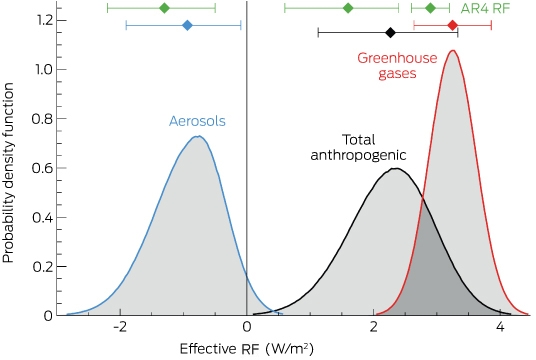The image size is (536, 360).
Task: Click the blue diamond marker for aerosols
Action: tap(187, 25)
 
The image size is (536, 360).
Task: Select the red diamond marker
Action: tap(453, 25)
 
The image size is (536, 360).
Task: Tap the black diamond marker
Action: tap(390, 33)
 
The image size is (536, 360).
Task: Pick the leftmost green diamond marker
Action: tap(165, 8)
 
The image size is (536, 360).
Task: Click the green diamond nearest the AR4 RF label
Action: tap(431, 8)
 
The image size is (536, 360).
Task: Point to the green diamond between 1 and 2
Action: tap(348, 8)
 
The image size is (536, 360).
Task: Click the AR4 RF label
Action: tap(485, 8)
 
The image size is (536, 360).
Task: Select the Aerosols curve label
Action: tap(197, 121)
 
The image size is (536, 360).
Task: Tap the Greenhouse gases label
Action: tap(397, 66)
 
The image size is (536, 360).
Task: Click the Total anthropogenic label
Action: tap(358, 147)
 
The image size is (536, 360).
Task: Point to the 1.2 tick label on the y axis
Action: tap(45, 21)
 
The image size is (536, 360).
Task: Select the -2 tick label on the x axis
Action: tap(120, 327)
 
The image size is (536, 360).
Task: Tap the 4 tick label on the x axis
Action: tap(500, 327)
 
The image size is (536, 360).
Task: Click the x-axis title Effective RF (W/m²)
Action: tap(246, 349)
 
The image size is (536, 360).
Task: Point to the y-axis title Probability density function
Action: tap(8, 173)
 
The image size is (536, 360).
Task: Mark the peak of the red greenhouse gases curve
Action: tap(453, 51)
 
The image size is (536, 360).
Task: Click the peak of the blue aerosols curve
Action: tap(198, 136)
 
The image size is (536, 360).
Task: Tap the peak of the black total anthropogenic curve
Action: tap(396, 168)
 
